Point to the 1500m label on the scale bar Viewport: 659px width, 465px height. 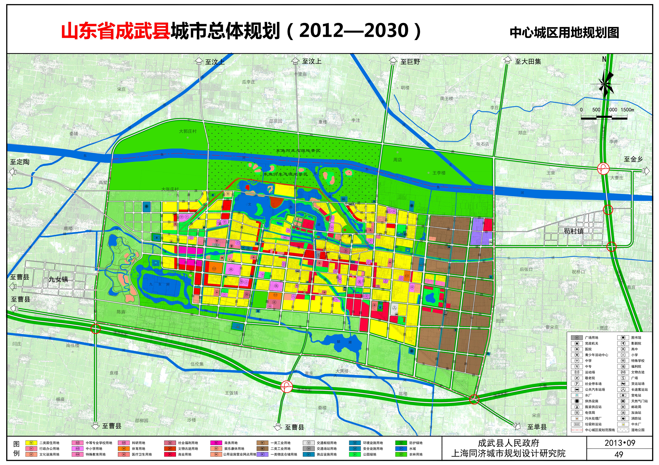627,110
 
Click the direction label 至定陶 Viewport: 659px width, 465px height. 20,162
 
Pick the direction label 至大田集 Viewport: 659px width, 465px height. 528,61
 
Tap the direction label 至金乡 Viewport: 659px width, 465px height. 633,159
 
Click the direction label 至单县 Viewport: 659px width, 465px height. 537,427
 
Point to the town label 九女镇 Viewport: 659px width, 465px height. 58,279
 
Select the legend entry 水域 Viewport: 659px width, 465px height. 412,449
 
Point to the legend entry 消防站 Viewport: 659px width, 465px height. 636,418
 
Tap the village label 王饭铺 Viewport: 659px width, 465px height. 231,393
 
